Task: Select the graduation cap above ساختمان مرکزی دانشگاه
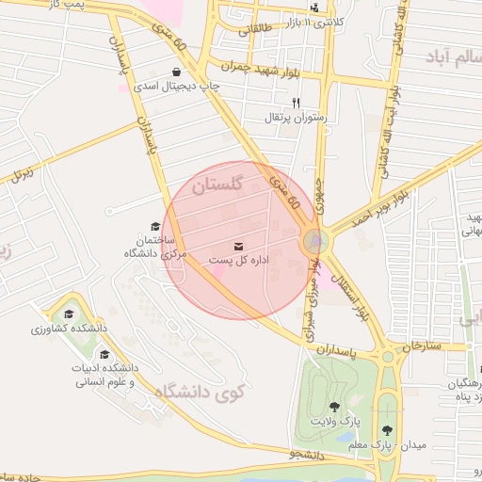(x=155, y=226)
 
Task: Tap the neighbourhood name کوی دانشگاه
(x=201, y=396)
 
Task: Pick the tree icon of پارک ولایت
(x=334, y=407)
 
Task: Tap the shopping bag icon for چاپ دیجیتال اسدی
(x=176, y=72)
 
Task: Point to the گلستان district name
(x=217, y=185)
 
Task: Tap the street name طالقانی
(x=254, y=29)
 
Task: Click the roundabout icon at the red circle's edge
(x=315, y=242)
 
